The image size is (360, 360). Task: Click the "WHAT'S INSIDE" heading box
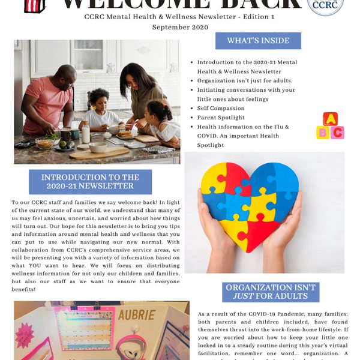click(258, 41)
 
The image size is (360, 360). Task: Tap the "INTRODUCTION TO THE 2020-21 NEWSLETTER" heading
click(90, 182)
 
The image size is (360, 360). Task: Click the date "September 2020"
click(180, 27)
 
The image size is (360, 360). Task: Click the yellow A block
click(330, 119)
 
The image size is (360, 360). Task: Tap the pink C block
click(337, 133)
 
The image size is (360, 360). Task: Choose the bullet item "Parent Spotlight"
click(221, 118)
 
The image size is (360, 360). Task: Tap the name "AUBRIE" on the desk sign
click(137, 315)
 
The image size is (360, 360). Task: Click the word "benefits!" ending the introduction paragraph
click(26, 289)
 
